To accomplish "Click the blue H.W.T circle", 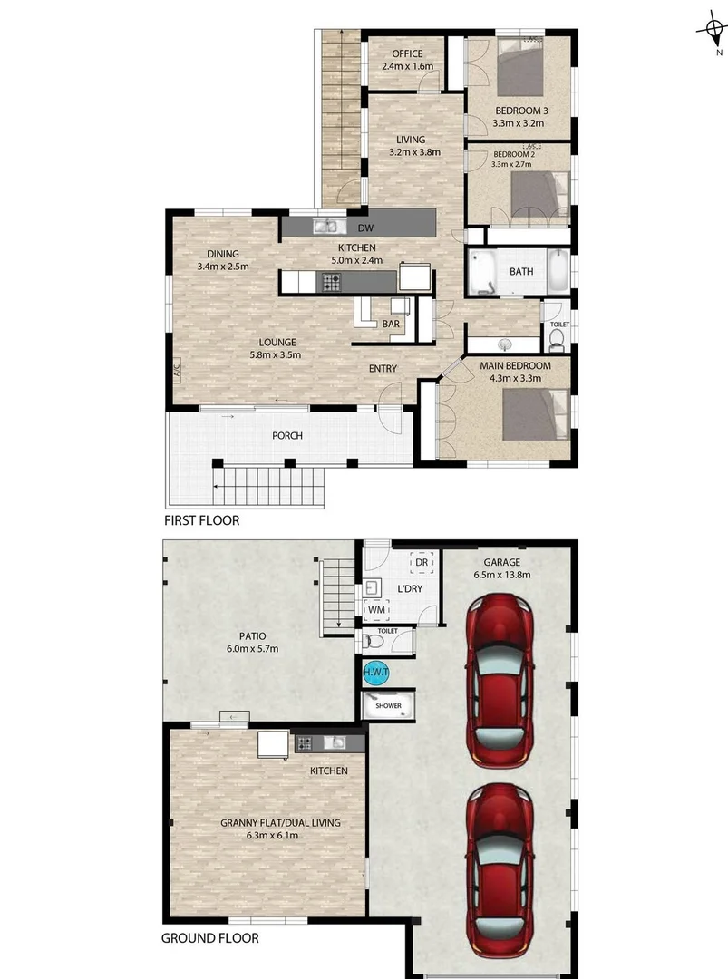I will (375, 673).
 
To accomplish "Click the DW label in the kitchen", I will (366, 228).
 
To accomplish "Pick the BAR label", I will (391, 324).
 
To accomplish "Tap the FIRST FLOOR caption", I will (201, 521).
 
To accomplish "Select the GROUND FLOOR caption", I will (209, 938).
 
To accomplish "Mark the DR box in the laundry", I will (421, 563).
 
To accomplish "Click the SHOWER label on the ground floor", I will (388, 705).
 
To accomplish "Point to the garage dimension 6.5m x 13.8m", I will (501, 573).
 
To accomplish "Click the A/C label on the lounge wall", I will (177, 369).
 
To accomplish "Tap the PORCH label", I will (287, 436).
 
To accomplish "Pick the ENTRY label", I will (383, 369).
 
